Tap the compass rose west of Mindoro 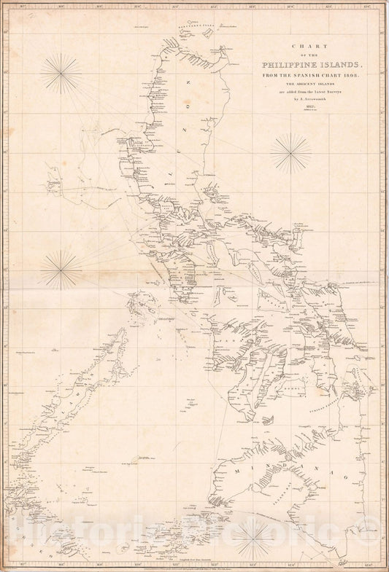tap(61, 270)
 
